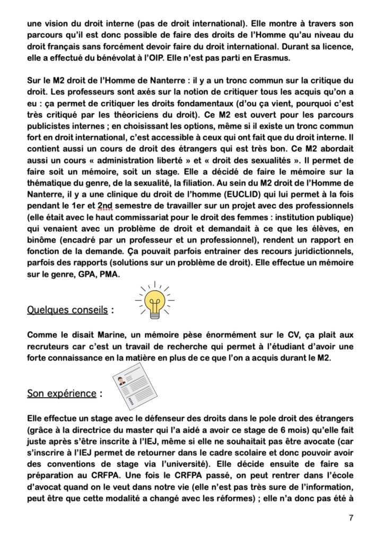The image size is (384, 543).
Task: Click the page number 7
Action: pos(351,518)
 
